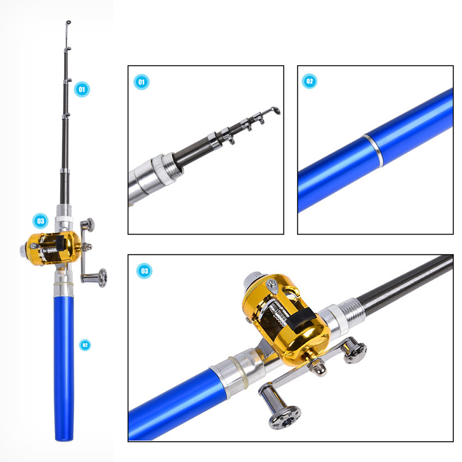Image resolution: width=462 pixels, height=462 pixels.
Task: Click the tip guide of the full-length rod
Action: coord(68,22)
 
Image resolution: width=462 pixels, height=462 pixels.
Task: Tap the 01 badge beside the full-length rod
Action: coord(82,89)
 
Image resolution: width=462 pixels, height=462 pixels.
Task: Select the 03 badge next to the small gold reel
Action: coord(40,221)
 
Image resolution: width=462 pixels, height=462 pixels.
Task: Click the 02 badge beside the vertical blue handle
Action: coord(84,345)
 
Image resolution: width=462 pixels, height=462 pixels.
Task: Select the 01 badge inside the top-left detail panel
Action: coord(142,82)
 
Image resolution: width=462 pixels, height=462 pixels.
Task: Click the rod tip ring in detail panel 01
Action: coord(275,110)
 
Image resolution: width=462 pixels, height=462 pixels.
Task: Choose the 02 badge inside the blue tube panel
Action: coord(310,82)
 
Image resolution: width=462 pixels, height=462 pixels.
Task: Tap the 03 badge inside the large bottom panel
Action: coord(144,271)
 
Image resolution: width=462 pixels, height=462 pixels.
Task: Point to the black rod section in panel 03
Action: coord(406,282)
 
